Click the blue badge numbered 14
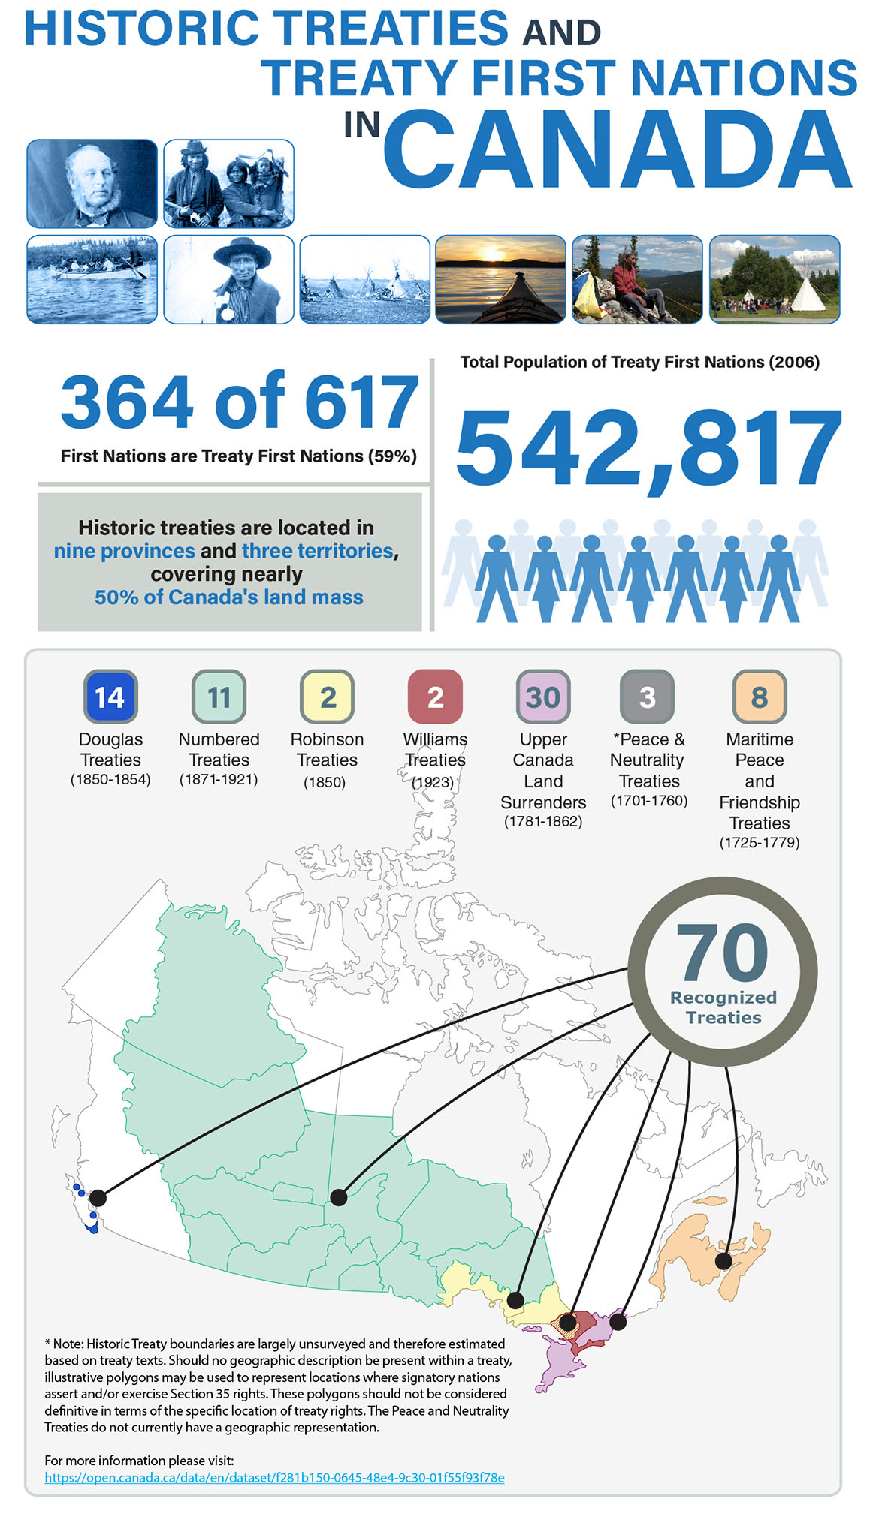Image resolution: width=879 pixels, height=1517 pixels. click(x=110, y=697)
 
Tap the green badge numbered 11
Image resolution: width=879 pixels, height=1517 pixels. click(x=219, y=697)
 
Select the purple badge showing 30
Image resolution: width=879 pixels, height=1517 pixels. click(x=543, y=697)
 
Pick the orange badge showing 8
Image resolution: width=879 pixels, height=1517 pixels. click(x=760, y=697)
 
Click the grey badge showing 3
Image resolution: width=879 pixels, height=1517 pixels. click(x=647, y=697)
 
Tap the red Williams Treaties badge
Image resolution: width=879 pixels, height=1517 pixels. click(x=435, y=697)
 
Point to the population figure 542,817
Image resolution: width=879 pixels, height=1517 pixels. click(x=649, y=449)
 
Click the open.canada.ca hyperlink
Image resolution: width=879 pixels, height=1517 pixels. click(x=274, y=1477)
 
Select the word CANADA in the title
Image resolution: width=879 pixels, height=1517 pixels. click(x=618, y=149)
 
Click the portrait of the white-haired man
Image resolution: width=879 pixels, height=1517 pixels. click(x=92, y=184)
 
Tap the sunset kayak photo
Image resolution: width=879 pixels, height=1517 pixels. click(x=500, y=279)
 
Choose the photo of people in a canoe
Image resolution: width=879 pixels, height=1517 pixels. click(x=92, y=279)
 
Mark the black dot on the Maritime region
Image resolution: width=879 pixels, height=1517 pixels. click(x=723, y=1260)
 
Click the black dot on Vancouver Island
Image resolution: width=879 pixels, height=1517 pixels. click(x=98, y=1197)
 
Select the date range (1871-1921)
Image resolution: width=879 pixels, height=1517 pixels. click(x=219, y=779)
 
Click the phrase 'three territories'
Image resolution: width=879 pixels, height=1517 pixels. click(x=318, y=551)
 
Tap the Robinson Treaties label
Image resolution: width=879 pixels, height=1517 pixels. click(x=327, y=749)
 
